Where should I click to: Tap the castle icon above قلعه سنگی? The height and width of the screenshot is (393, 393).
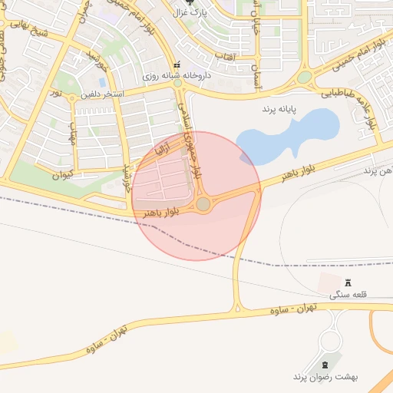click(348, 282)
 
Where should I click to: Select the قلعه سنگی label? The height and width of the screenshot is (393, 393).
click(348, 295)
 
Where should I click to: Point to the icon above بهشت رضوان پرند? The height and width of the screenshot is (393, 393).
click(323, 363)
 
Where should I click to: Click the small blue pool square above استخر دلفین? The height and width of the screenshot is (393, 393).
click(102, 81)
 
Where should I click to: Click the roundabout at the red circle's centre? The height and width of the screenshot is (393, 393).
click(203, 204)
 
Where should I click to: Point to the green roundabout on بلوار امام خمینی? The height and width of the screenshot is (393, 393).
click(305, 78)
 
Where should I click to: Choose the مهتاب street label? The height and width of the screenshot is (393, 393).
click(74, 135)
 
